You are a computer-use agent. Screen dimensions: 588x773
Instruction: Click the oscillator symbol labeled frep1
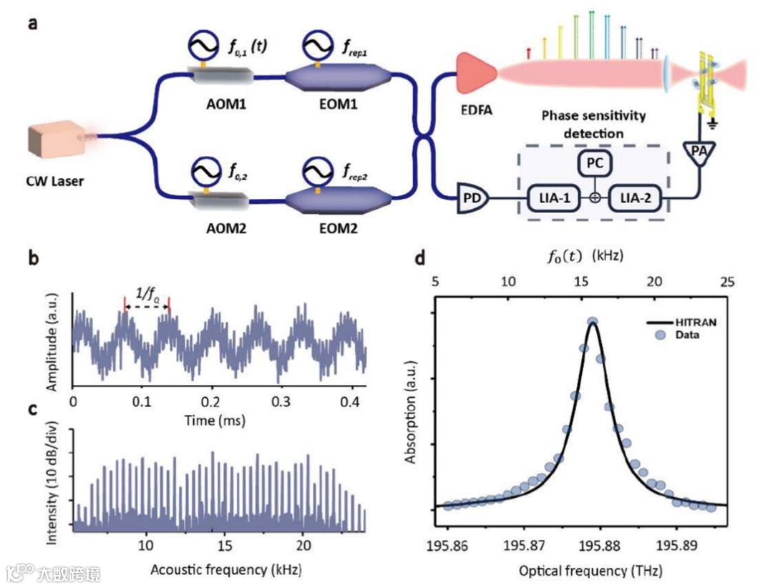click(316, 46)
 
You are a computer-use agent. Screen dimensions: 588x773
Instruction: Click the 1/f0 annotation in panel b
click(147, 293)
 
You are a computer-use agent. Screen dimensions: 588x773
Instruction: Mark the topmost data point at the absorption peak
click(593, 323)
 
